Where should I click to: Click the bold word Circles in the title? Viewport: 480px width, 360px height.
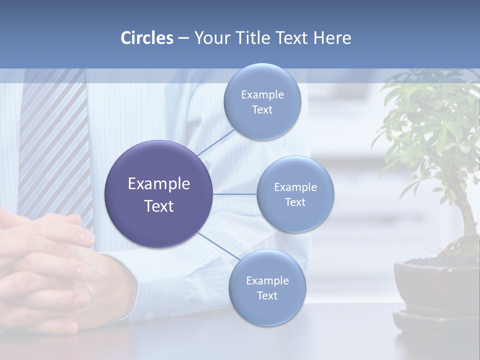(146, 38)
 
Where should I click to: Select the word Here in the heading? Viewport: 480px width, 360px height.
(332, 38)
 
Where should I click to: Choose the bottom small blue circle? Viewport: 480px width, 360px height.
(267, 310)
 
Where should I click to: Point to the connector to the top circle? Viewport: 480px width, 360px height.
(215, 142)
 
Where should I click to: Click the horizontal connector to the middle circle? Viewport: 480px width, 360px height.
(235, 194)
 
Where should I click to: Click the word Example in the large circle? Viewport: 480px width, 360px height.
(159, 184)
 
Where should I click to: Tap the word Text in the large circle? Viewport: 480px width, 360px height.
(159, 206)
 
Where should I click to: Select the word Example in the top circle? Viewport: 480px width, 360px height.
(262, 94)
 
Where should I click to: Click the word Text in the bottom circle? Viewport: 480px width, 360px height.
(267, 295)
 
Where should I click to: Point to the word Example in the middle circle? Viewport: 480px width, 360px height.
(295, 187)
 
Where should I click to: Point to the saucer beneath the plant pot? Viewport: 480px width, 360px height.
(435, 322)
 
